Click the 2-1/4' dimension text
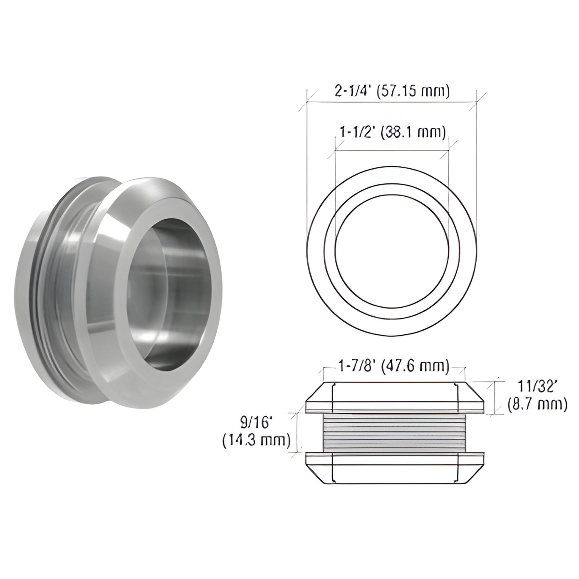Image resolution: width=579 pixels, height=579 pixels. pos(355,92)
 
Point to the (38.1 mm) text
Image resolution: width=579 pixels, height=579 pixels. pos(413,132)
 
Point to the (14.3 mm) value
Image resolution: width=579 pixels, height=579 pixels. pos(256,440)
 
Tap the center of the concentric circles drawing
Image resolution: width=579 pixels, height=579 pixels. pos(392,251)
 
